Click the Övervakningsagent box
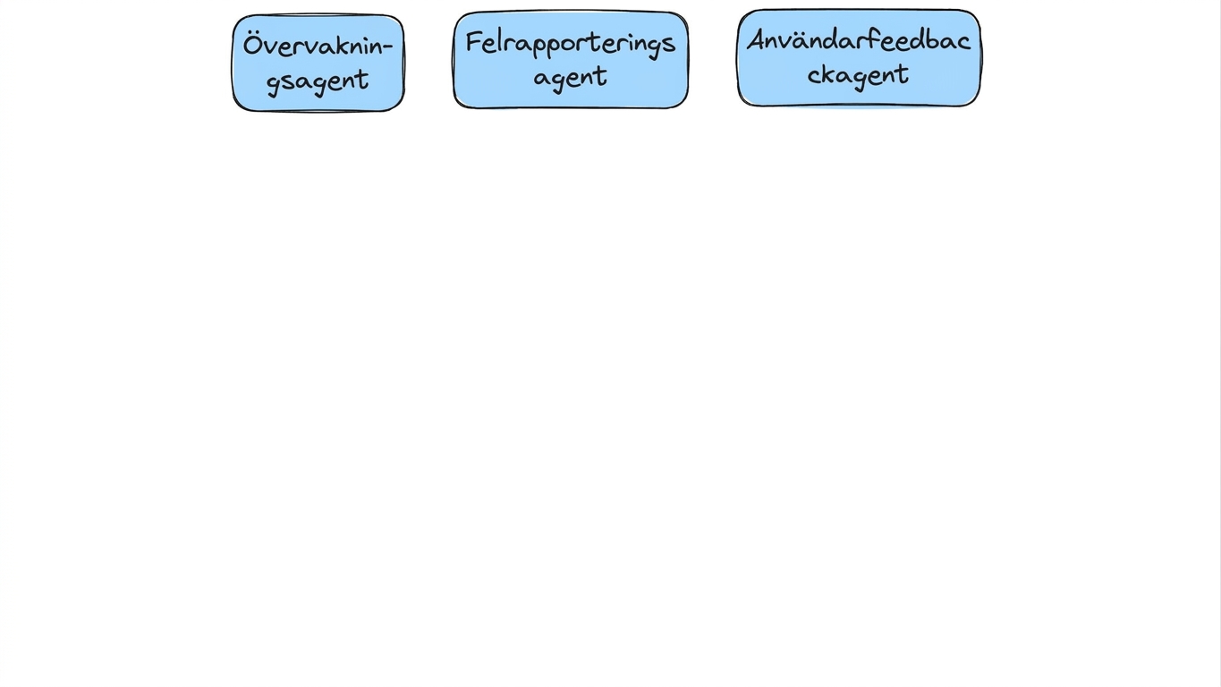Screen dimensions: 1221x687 pyautogui.click(x=318, y=64)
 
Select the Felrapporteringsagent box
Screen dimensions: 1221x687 pyautogui.click(x=571, y=59)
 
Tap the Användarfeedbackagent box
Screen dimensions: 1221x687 pyautogui.click(x=859, y=57)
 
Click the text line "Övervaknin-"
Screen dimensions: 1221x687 pyautogui.click(x=318, y=46)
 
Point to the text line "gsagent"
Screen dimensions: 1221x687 pyautogui.click(x=318, y=82)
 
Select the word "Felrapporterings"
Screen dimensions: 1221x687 pyautogui.click(x=571, y=44)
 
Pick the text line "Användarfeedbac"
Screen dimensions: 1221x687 pyautogui.click(x=859, y=40)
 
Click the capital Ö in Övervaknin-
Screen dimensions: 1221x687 pyautogui.click(x=253, y=45)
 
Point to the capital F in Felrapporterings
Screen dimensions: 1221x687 pyautogui.click(x=474, y=42)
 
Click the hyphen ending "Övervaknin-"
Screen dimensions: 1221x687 pyautogui.click(x=388, y=47)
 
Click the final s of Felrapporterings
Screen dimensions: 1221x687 pyautogui.click(x=669, y=44)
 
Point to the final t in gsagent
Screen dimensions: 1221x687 pyautogui.click(x=363, y=80)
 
